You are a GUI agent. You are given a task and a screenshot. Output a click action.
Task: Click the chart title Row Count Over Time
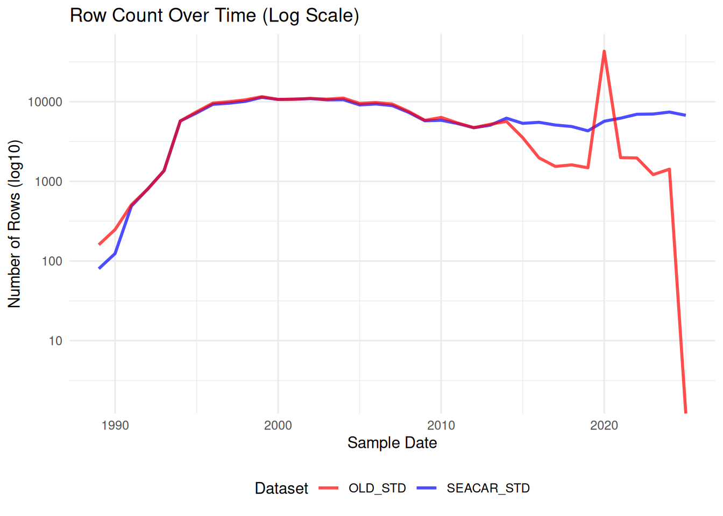tap(214, 15)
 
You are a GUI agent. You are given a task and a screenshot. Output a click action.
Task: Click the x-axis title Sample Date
tap(392, 443)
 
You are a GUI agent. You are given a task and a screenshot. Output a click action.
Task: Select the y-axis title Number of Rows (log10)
tap(15, 224)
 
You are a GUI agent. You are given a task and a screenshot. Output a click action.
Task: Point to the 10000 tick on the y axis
tap(45, 102)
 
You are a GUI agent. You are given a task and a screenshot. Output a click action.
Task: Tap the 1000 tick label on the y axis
tap(48, 182)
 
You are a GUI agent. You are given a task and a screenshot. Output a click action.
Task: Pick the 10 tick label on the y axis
tap(55, 341)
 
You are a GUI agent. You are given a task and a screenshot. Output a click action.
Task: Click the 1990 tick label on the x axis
tap(115, 426)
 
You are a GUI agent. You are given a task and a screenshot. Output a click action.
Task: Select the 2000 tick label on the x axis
tap(278, 426)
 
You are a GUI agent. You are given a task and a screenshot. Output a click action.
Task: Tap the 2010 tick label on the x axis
tap(441, 426)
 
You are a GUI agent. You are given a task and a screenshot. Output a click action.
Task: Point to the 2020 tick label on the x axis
tap(604, 426)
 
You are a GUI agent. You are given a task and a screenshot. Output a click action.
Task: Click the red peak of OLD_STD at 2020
tap(604, 52)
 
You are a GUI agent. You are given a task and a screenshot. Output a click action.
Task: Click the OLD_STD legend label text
tap(377, 488)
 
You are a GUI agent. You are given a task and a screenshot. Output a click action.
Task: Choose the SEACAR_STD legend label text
tap(488, 488)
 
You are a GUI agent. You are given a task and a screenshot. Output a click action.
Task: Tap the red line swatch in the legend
tap(328, 488)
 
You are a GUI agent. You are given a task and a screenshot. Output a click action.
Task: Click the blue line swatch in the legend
tap(426, 488)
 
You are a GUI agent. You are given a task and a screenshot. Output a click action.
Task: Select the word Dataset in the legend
tap(281, 488)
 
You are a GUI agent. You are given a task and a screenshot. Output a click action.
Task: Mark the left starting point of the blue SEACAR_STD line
tap(100, 268)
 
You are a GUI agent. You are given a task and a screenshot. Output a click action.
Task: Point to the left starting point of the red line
tap(100, 244)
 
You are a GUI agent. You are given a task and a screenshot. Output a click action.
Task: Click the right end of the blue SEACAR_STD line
tap(685, 115)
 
